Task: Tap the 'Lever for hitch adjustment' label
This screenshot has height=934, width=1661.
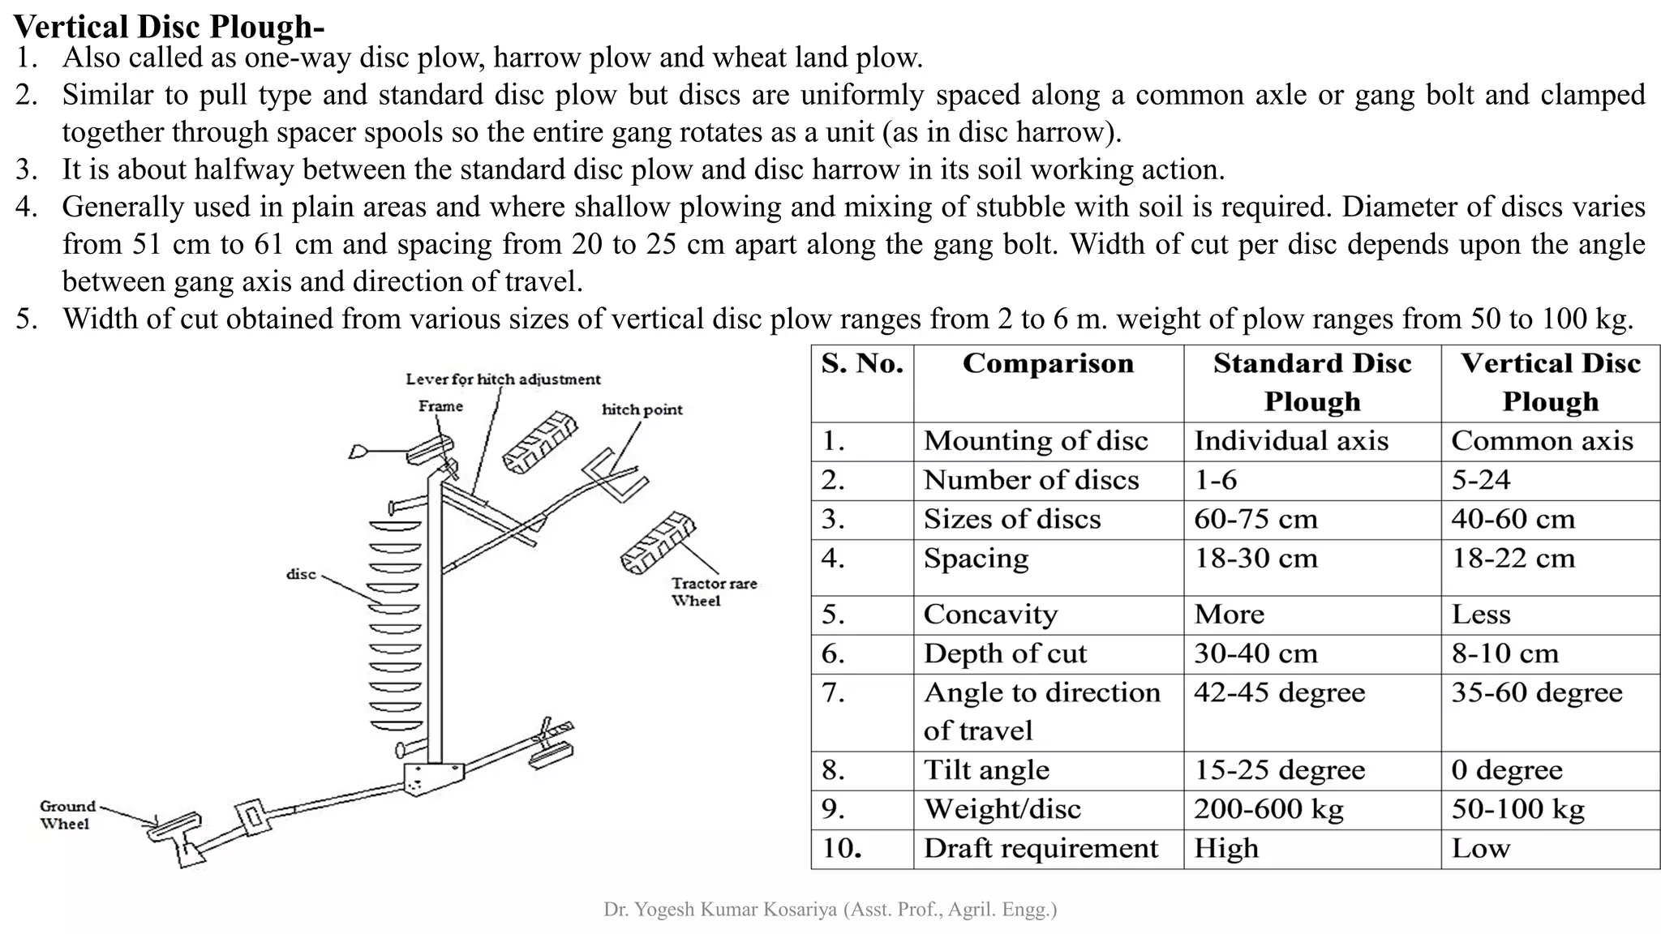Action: pos(503,379)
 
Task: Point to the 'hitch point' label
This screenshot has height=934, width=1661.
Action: pos(642,409)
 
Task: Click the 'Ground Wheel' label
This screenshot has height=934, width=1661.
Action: pos(67,815)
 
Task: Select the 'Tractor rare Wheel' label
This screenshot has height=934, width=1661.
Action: pos(713,592)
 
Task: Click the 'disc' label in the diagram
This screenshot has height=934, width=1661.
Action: pos(301,574)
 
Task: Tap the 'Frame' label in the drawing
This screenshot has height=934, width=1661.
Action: pos(440,406)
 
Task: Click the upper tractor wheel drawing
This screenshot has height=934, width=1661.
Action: pos(539,441)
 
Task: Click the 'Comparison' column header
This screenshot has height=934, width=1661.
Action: pos(1048,363)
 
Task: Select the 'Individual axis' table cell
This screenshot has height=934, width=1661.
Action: pos(1291,441)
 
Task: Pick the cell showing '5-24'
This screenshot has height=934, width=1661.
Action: pos(1480,480)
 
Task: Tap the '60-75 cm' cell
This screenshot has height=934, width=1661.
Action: pos(1255,519)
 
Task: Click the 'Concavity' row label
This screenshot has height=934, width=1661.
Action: pos(990,615)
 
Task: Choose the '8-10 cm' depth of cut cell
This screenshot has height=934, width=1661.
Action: pos(1504,653)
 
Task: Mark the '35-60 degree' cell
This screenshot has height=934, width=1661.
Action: pos(1536,692)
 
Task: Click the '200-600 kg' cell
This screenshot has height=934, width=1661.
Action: pos(1268,809)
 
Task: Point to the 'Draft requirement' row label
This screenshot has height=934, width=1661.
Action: pos(1041,848)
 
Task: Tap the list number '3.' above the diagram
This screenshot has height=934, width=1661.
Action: pos(26,169)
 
